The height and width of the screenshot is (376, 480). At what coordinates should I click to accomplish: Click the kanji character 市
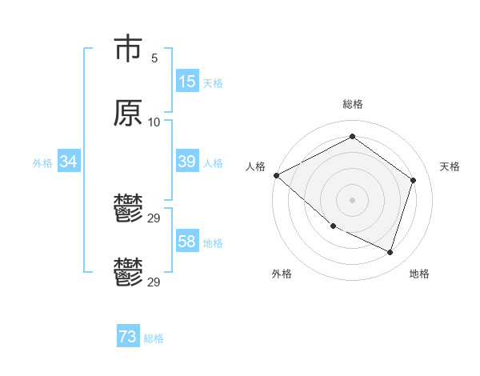click(x=127, y=50)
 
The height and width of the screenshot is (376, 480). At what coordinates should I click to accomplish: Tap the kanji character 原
click(x=127, y=114)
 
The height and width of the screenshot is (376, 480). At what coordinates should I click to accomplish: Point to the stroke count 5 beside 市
click(x=154, y=58)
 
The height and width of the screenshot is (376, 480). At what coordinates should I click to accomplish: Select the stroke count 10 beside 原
click(x=154, y=122)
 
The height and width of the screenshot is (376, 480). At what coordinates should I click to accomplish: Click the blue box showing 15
click(x=187, y=82)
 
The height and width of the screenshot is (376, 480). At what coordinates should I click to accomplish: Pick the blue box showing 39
click(x=187, y=162)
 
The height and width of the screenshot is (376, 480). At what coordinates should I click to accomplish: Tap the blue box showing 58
click(x=187, y=242)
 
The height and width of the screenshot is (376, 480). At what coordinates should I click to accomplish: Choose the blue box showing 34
click(x=69, y=162)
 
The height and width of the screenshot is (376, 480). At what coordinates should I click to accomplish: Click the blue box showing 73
click(x=128, y=338)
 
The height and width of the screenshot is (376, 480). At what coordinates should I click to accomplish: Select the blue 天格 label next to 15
click(x=213, y=83)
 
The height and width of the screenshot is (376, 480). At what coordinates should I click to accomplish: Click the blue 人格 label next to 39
click(x=213, y=163)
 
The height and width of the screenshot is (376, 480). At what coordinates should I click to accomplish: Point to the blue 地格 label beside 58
click(x=213, y=243)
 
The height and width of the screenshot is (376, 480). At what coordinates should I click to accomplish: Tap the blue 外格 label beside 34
click(x=42, y=163)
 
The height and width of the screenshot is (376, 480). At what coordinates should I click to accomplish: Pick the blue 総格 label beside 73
click(x=154, y=338)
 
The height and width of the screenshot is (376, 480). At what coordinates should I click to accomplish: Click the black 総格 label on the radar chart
click(x=353, y=104)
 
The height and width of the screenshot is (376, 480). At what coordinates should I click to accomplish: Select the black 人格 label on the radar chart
click(x=255, y=166)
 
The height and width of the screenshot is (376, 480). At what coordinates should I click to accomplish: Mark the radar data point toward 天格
click(x=414, y=180)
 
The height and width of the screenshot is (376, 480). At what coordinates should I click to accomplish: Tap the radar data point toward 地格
click(x=390, y=253)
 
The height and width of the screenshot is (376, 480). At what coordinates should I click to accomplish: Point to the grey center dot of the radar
click(x=353, y=200)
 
